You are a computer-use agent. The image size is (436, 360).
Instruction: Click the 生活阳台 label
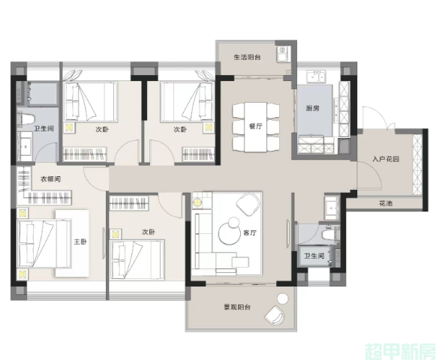pos(247,58)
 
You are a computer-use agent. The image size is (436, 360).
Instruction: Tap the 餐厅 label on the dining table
pos(256,126)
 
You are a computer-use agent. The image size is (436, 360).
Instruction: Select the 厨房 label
pos(312,108)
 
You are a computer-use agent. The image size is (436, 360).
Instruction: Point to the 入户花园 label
pos(386,159)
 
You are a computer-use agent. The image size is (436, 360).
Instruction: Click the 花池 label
pos(386,203)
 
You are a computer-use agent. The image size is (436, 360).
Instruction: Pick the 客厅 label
pos(249,232)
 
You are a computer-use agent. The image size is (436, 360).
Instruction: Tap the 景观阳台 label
pos(237,307)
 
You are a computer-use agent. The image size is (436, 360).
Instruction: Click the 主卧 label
pos(80,241)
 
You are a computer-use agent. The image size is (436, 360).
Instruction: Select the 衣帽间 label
pos(50,178)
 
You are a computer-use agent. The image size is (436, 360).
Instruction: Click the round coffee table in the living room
pos(228,233)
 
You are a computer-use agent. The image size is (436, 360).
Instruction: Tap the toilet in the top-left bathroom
pos(25,118)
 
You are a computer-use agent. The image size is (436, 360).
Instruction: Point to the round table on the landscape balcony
pos(283,298)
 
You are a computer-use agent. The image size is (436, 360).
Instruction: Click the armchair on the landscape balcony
pos(274,315)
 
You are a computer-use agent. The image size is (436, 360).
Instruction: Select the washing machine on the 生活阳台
pos(283,54)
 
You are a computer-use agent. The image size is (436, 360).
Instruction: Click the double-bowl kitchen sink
pos(316,76)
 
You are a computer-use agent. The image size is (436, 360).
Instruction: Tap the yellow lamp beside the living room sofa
pos(197,202)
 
